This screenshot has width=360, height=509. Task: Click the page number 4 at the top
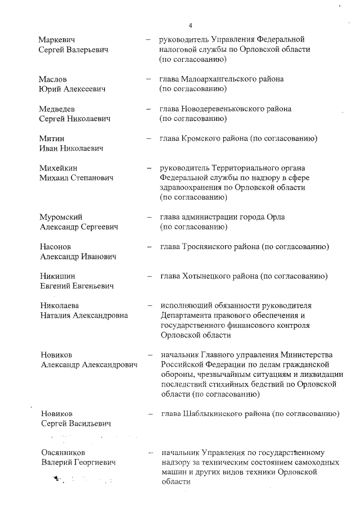(191, 25)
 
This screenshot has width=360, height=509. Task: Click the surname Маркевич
(57, 40)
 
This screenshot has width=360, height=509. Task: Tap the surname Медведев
(57, 109)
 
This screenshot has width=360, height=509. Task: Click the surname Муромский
(62, 217)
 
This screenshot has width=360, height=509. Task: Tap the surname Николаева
(60, 305)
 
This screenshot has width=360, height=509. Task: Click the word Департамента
(186, 316)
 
